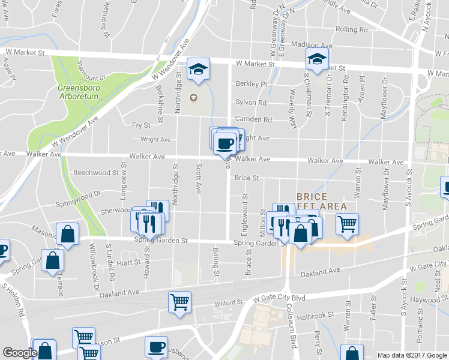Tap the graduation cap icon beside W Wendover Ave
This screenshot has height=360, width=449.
pos(196,70)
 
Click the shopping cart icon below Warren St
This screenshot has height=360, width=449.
pos(347,224)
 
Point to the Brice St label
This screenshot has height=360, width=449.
pos(246,178)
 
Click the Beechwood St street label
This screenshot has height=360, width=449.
pos(95,173)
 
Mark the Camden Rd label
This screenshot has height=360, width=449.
pos(253,120)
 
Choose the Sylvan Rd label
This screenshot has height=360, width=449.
pos(251,102)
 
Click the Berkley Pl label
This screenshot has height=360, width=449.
pos(251,84)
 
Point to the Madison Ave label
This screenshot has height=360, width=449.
pos(312,45)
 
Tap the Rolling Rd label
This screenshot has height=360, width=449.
pos(352,29)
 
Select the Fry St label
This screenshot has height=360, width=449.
pos(140,125)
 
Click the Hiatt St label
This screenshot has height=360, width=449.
pos(128,262)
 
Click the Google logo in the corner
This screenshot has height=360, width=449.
pos(20,353)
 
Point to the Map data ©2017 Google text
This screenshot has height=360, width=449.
pos(412,355)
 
